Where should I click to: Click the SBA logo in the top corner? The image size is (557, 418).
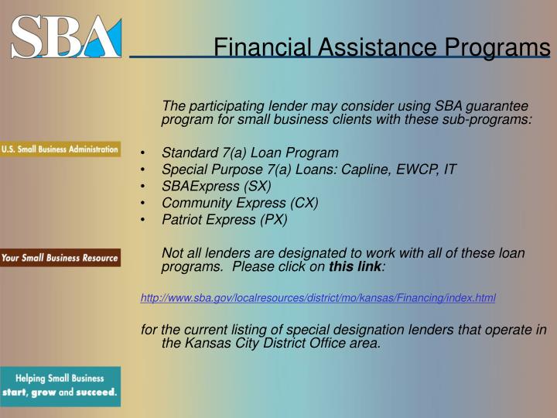(66, 36)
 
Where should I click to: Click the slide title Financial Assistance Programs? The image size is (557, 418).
(381, 48)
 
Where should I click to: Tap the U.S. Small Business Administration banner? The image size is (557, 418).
(60, 149)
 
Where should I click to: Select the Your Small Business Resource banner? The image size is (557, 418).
(60, 258)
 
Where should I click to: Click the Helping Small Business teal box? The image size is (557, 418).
(60, 385)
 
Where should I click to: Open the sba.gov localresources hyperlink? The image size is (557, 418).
(318, 298)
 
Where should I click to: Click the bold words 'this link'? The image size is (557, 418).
(355, 267)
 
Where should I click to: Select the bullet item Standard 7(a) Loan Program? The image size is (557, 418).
(250, 152)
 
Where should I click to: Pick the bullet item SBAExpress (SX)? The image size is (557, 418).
(216, 186)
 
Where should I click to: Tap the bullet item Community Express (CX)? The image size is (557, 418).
(240, 203)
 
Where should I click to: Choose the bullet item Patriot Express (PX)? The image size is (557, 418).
(224, 219)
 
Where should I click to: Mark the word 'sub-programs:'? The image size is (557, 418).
(487, 120)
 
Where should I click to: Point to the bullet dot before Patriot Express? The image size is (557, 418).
(145, 220)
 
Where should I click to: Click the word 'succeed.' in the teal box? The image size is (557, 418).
(97, 392)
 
